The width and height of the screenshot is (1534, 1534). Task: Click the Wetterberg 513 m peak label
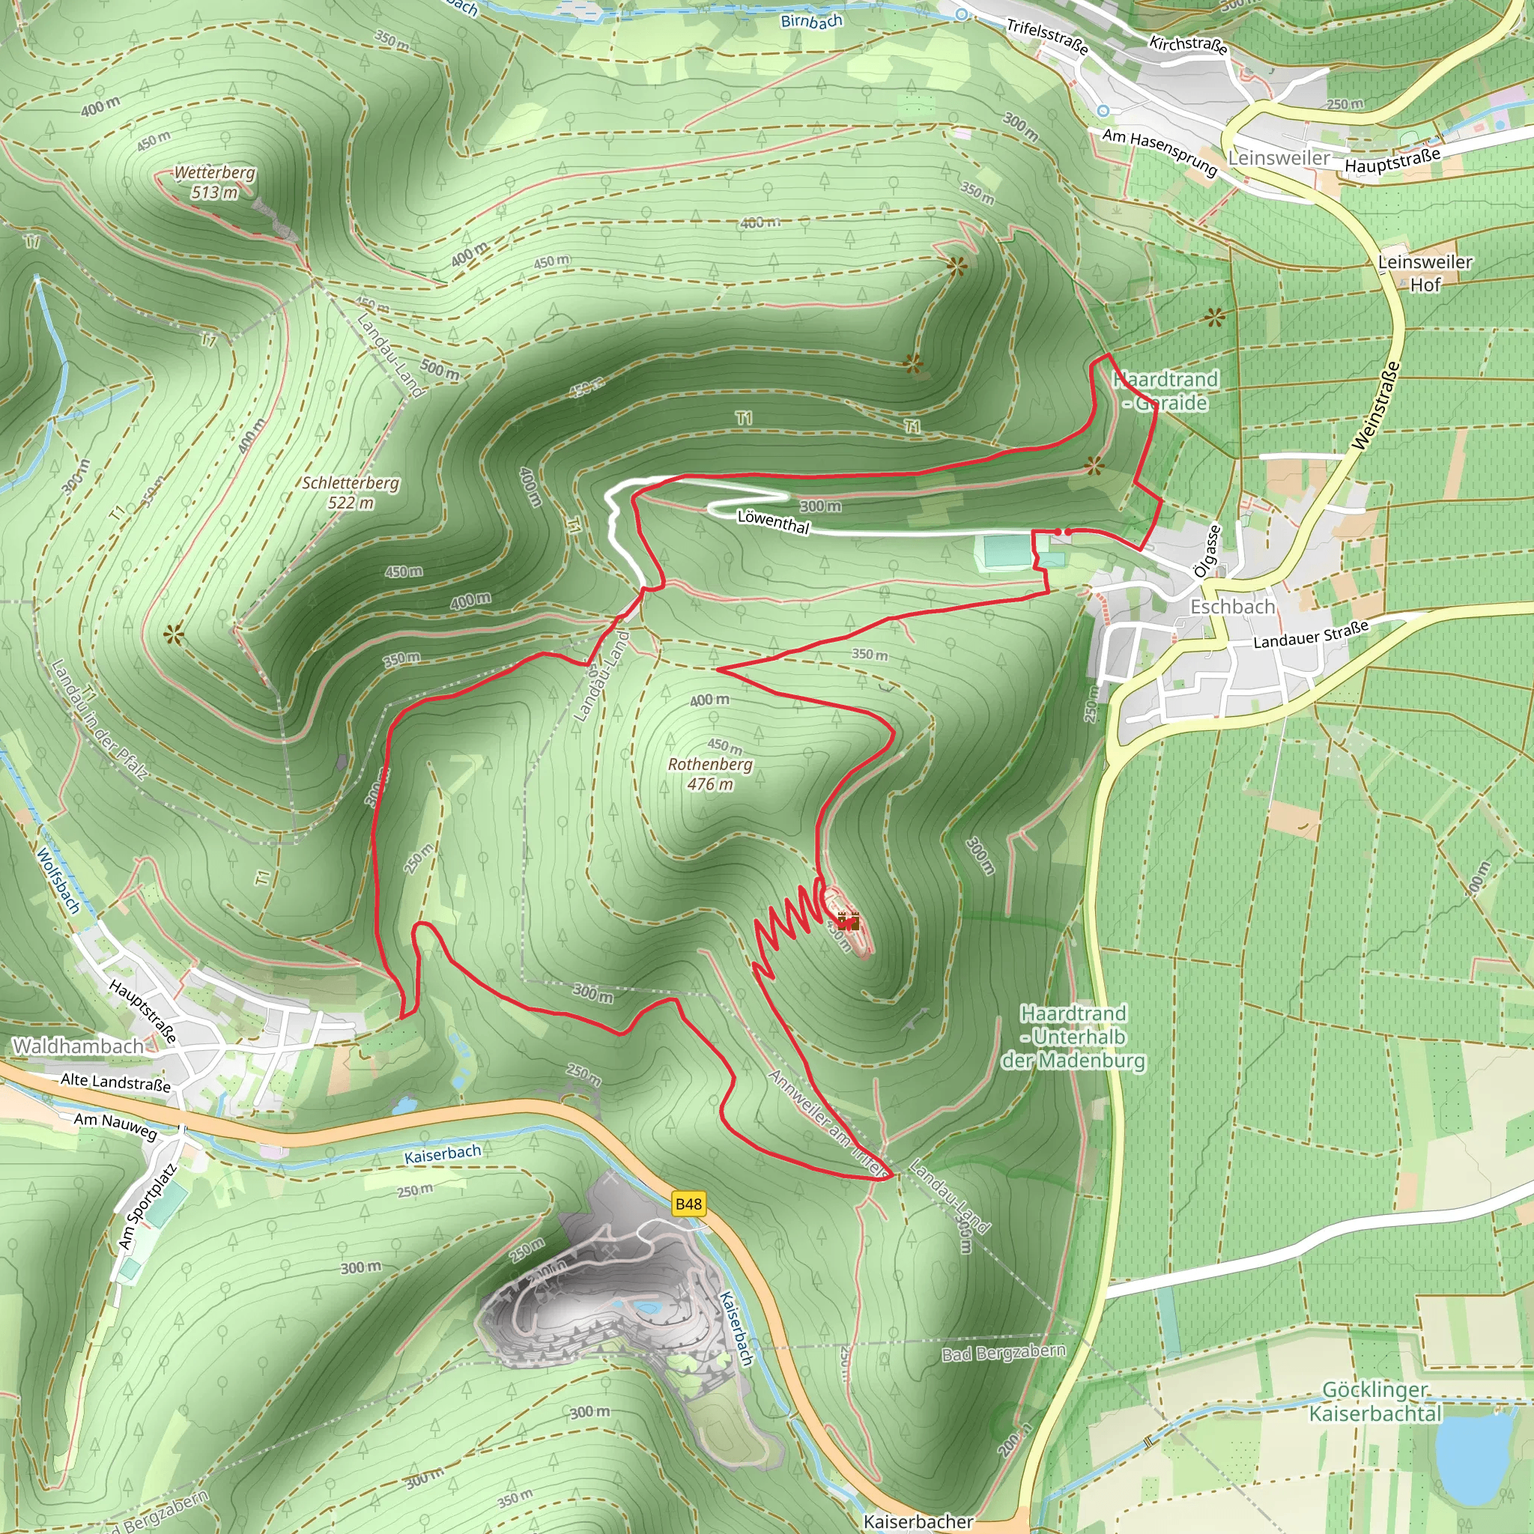pos(214,183)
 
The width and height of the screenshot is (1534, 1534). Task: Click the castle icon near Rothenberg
pos(848,922)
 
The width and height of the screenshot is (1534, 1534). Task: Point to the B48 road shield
pos(688,1204)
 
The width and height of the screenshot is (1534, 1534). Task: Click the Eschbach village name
pos(1231,607)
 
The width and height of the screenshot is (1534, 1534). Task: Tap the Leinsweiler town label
pos(1279,158)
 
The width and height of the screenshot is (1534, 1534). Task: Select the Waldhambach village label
pos(78,1046)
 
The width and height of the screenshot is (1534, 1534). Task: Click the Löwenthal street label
pos(773,521)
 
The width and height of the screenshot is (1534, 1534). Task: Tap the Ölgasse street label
pos(1207,551)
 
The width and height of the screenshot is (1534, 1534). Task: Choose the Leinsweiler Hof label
pos(1425,273)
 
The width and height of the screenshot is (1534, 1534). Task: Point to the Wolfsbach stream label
pos(58,881)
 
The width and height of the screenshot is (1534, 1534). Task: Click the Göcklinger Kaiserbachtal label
pos(1375,1402)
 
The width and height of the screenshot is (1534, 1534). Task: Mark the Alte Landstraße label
pos(115,1082)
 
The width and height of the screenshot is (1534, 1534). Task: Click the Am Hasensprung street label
pos(1159,151)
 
